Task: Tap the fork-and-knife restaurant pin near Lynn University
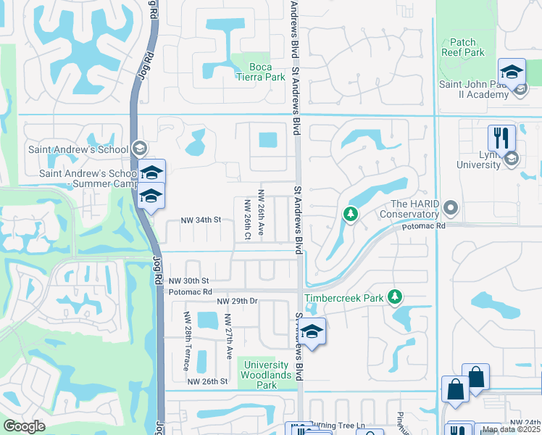[x=501, y=138]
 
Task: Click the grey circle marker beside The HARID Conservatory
[x=450, y=209]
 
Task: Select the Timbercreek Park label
[x=345, y=297]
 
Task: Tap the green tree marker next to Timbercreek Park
[x=395, y=297]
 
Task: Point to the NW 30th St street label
[x=188, y=281]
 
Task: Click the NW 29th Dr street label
[x=237, y=301]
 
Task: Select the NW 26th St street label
[x=207, y=381]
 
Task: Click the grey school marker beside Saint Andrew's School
[x=140, y=149]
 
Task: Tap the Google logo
[x=24, y=426]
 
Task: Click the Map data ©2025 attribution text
[x=511, y=429]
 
